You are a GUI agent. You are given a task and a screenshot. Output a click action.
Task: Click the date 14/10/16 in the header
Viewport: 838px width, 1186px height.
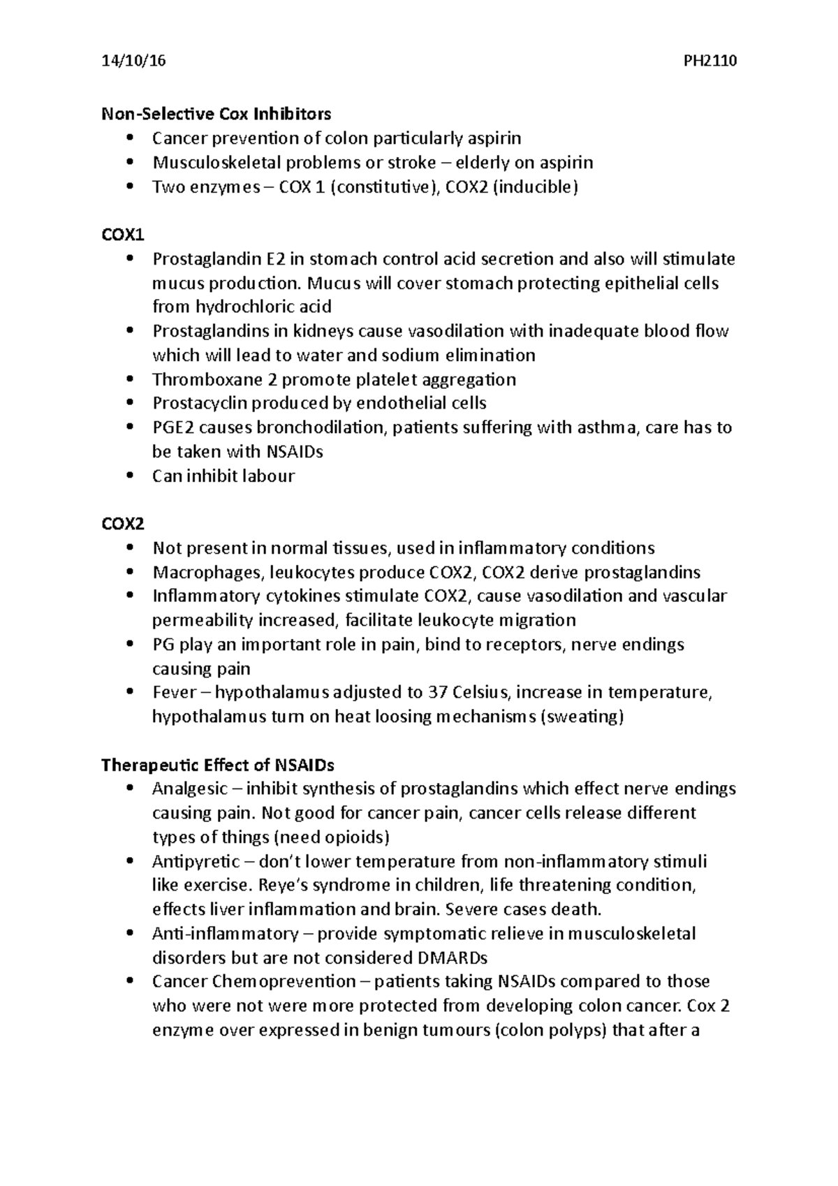coord(133,61)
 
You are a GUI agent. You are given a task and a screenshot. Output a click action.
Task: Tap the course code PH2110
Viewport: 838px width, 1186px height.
coord(710,61)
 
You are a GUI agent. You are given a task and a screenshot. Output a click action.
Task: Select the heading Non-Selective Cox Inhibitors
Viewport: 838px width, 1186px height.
coord(216,113)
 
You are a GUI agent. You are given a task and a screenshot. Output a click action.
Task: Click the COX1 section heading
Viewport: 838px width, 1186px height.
coord(122,235)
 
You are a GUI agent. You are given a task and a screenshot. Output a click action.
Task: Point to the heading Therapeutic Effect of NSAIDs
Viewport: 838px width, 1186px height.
coord(218,765)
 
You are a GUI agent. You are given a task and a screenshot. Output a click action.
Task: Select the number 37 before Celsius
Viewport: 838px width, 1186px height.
coord(438,693)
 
